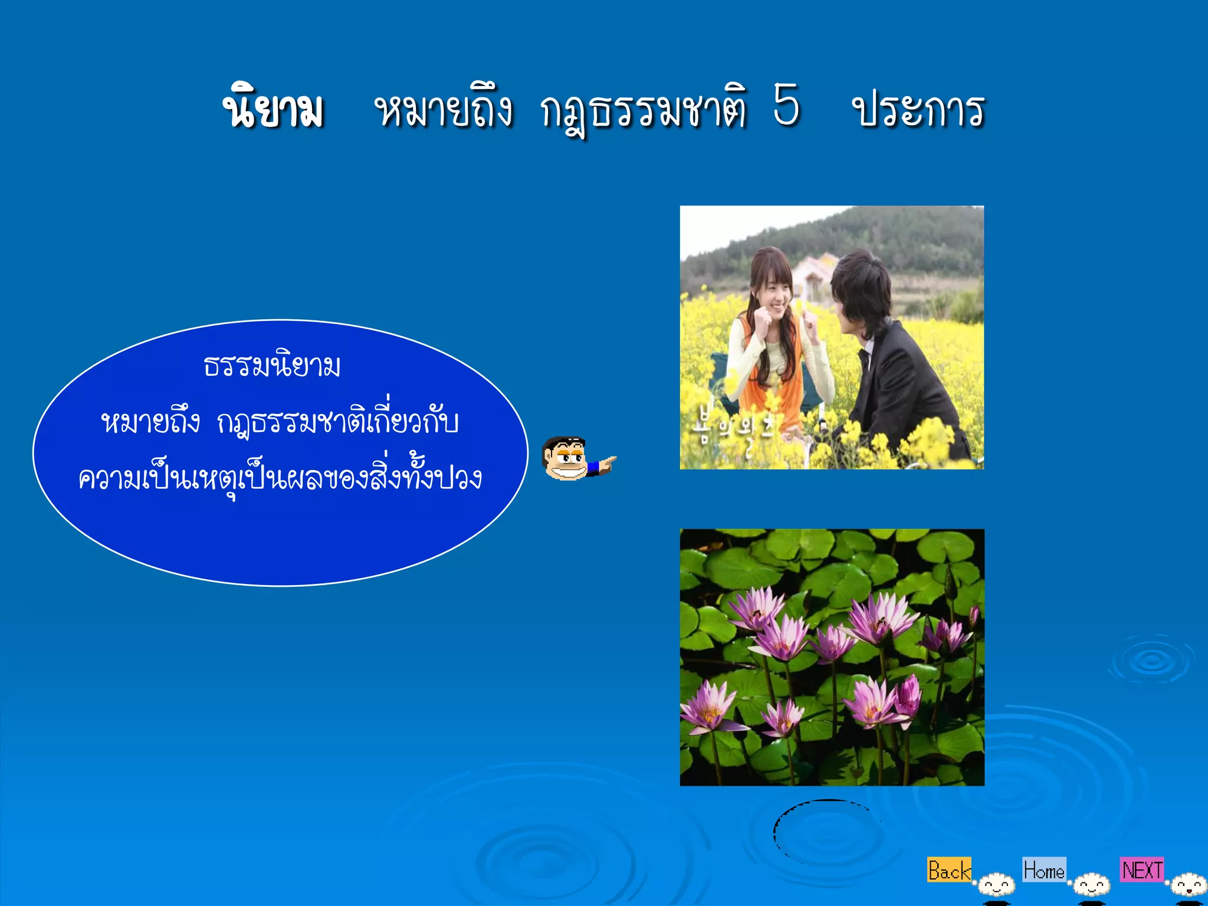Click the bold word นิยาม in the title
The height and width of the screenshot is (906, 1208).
coord(274,110)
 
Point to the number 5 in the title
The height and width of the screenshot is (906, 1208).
coord(787,105)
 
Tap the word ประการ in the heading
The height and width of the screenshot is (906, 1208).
coord(919,110)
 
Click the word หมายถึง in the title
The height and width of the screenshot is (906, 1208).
coord(444,110)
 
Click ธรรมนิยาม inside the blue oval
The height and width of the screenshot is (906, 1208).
coord(273,366)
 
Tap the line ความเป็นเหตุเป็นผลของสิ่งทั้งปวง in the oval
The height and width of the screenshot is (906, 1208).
coord(281,478)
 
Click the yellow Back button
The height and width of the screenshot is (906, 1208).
coord(948,870)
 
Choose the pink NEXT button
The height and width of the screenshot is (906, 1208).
coord(1142,870)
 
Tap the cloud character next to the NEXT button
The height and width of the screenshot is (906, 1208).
coord(1188,885)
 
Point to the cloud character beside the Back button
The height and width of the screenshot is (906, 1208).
coord(997,885)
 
